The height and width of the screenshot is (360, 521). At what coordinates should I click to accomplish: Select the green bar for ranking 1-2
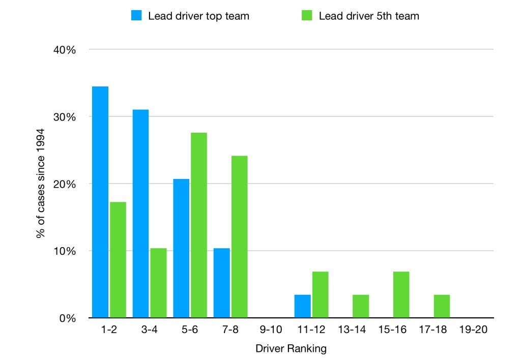(x=118, y=260)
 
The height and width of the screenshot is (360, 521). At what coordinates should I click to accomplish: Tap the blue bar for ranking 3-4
(x=140, y=214)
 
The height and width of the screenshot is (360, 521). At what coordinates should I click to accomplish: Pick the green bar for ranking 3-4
(x=158, y=283)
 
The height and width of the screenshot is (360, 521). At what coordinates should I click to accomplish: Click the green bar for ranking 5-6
(x=198, y=225)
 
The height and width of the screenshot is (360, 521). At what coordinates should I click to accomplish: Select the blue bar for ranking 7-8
(x=221, y=283)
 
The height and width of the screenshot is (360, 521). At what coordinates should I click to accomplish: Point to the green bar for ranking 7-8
(x=239, y=237)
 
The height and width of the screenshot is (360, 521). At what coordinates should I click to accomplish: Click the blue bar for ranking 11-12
(x=302, y=306)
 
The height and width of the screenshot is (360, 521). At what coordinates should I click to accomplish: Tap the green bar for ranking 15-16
(x=401, y=295)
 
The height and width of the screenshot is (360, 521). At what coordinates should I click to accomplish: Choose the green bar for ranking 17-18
(x=441, y=306)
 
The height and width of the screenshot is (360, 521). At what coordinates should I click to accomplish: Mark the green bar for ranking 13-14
(x=360, y=306)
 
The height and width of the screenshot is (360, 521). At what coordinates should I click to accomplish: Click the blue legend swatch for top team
(x=137, y=16)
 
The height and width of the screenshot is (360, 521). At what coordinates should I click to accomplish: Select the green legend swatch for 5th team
(x=307, y=16)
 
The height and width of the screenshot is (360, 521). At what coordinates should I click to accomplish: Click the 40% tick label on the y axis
(x=65, y=50)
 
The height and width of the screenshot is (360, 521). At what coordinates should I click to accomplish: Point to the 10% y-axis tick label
(x=66, y=251)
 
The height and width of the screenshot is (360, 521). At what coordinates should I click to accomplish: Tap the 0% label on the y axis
(x=68, y=318)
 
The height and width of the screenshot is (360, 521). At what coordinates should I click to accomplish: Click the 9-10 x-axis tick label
(x=271, y=330)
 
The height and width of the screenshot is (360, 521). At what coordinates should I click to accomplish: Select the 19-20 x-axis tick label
(x=473, y=330)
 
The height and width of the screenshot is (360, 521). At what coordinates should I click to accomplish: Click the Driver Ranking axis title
(x=291, y=349)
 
